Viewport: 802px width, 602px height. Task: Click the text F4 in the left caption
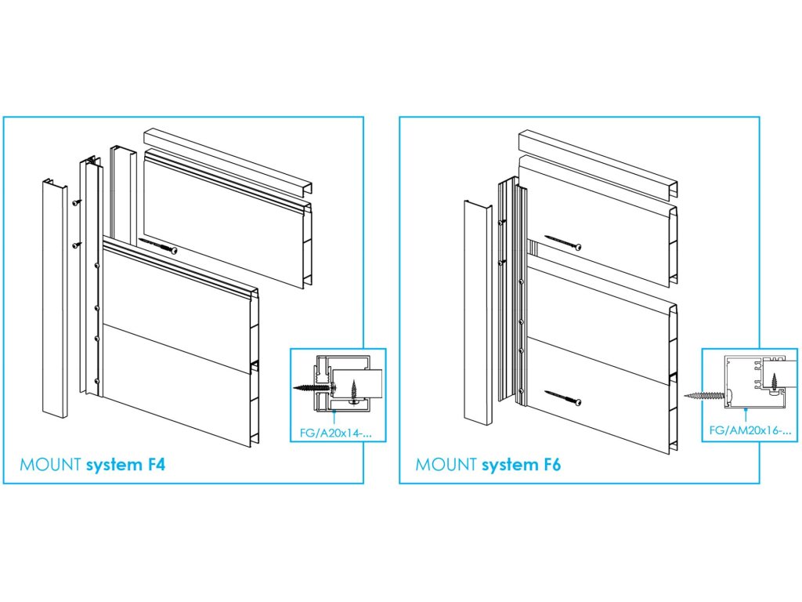[x=156, y=465]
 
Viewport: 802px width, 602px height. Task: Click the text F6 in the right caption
[x=551, y=465]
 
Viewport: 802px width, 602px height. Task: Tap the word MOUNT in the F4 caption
[x=50, y=465]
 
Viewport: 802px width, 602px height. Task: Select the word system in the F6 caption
[x=509, y=466]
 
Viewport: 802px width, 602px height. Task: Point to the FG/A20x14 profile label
[x=335, y=433]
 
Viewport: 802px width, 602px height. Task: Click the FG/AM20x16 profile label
[x=750, y=430]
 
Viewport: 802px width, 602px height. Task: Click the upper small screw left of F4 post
[x=77, y=202]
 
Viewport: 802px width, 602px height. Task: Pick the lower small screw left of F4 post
[x=77, y=245]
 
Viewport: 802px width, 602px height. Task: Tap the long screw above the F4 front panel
[x=157, y=245]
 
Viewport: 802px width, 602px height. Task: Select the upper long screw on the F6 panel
[x=562, y=242]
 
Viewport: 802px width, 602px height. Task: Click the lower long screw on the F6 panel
[x=562, y=398]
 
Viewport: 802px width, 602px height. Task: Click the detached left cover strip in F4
[x=55, y=298]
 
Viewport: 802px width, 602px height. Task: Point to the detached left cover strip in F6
[x=478, y=312]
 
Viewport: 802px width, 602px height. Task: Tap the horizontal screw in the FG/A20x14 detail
[x=312, y=387]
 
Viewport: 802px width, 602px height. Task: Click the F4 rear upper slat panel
[x=227, y=218]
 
